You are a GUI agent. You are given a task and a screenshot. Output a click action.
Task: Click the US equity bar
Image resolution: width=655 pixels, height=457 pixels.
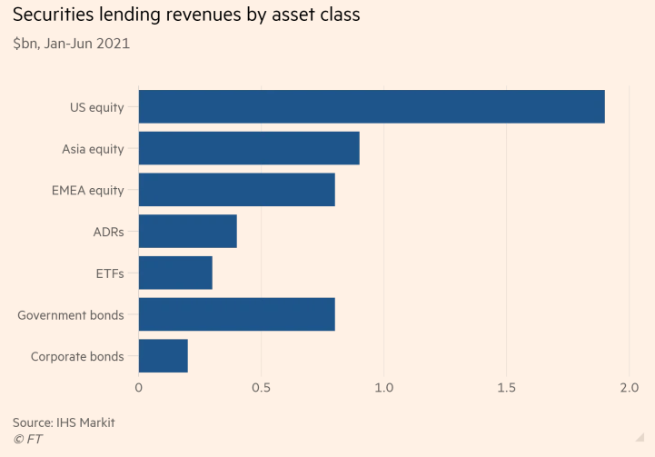coord(372,106)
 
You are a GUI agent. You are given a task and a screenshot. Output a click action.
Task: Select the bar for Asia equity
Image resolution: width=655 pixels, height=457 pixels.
coord(249,148)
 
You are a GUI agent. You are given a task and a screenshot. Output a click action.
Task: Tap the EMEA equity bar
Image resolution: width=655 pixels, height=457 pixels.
coord(236,190)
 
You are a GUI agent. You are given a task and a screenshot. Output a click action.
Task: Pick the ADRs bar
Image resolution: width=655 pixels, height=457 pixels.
coord(187,231)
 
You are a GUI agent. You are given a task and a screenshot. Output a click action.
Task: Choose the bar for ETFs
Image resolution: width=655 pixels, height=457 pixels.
coord(175,273)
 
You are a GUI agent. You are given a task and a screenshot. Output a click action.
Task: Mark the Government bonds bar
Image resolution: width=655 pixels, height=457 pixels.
coord(236,314)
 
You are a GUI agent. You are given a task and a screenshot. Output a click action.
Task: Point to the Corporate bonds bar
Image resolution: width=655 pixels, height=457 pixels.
coord(163,356)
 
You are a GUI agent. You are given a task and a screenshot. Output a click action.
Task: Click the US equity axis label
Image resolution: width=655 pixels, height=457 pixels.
coord(96,107)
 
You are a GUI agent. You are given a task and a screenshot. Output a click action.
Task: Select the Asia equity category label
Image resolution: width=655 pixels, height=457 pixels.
coord(93,149)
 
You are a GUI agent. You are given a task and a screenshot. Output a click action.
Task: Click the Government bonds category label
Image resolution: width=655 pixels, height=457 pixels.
coord(71,315)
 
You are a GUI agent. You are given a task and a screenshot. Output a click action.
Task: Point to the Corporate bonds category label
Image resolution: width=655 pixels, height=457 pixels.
coord(77,357)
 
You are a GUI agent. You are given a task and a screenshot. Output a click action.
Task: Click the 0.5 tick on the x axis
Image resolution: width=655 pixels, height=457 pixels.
coord(261,388)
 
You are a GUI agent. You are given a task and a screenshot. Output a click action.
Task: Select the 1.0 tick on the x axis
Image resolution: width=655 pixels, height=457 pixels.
coord(383,388)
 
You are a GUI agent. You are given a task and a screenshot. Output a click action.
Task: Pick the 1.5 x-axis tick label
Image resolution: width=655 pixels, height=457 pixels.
coord(506,388)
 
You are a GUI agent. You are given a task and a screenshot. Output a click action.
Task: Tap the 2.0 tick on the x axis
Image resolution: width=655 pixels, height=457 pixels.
coord(629,388)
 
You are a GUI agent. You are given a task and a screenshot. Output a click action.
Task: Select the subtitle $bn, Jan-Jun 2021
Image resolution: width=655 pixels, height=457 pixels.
coord(71,44)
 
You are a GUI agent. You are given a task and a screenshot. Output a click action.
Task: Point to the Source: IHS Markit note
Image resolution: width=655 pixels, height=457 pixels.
coord(64,422)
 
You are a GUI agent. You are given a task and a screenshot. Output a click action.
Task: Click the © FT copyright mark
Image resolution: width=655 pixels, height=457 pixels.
coord(27,440)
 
